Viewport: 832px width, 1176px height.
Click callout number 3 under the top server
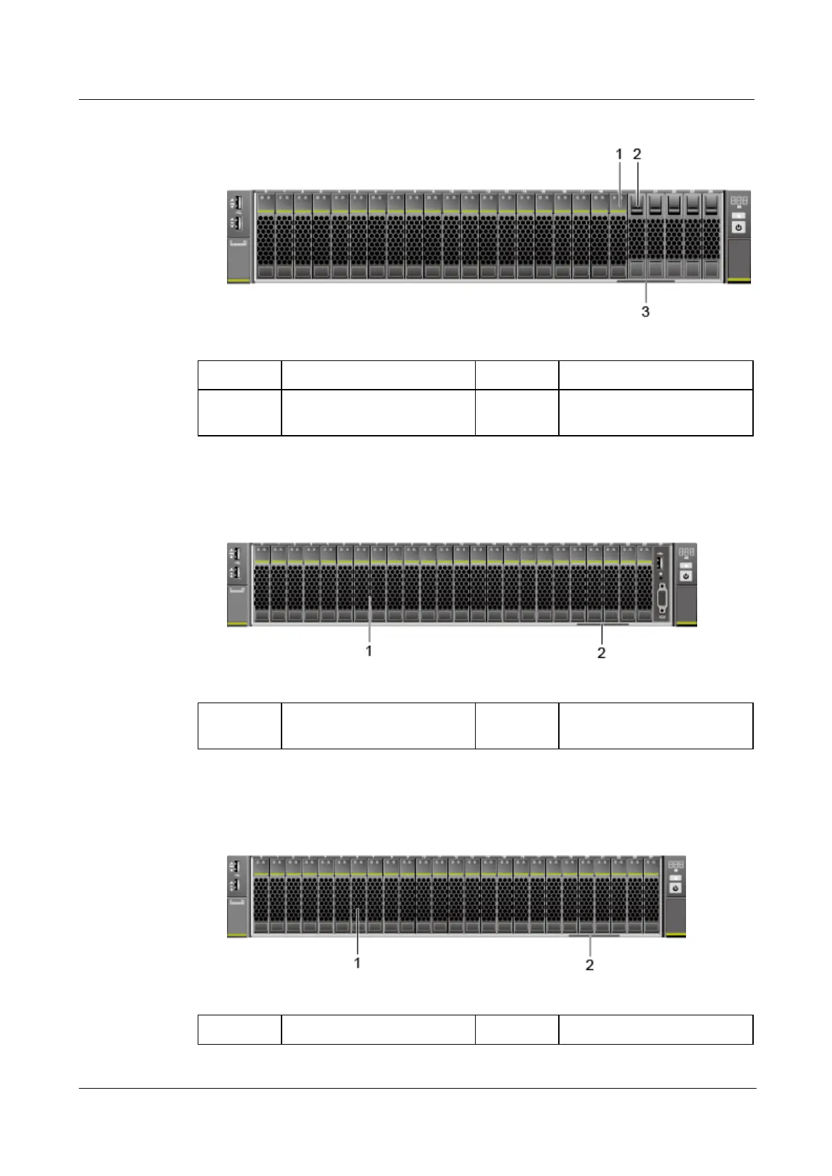[x=645, y=311]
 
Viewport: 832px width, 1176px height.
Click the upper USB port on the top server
[x=236, y=203]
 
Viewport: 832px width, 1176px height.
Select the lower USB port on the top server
[x=236, y=223]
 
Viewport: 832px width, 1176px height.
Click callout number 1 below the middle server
[x=369, y=650]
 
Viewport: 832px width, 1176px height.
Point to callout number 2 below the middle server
[x=601, y=653]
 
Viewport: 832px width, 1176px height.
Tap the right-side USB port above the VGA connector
[x=661, y=561]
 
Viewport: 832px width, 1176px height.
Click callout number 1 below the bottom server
[x=358, y=962]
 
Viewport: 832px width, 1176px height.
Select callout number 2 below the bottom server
[x=590, y=965]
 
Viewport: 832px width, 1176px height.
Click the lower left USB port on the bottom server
[x=236, y=885]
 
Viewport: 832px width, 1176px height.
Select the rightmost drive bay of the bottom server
[x=652, y=897]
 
